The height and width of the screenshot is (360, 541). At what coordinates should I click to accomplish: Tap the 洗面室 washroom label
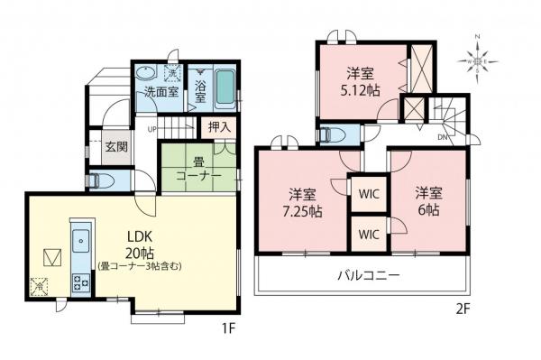tap(153, 91)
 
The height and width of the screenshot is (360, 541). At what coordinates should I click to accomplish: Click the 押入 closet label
tap(218, 127)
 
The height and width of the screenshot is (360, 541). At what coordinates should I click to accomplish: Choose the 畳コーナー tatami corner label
tap(198, 170)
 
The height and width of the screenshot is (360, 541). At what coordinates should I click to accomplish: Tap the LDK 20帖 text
tap(141, 244)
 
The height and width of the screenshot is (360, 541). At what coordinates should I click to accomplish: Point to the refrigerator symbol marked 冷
tap(39, 288)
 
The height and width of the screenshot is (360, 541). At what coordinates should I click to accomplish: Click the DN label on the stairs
tap(442, 137)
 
